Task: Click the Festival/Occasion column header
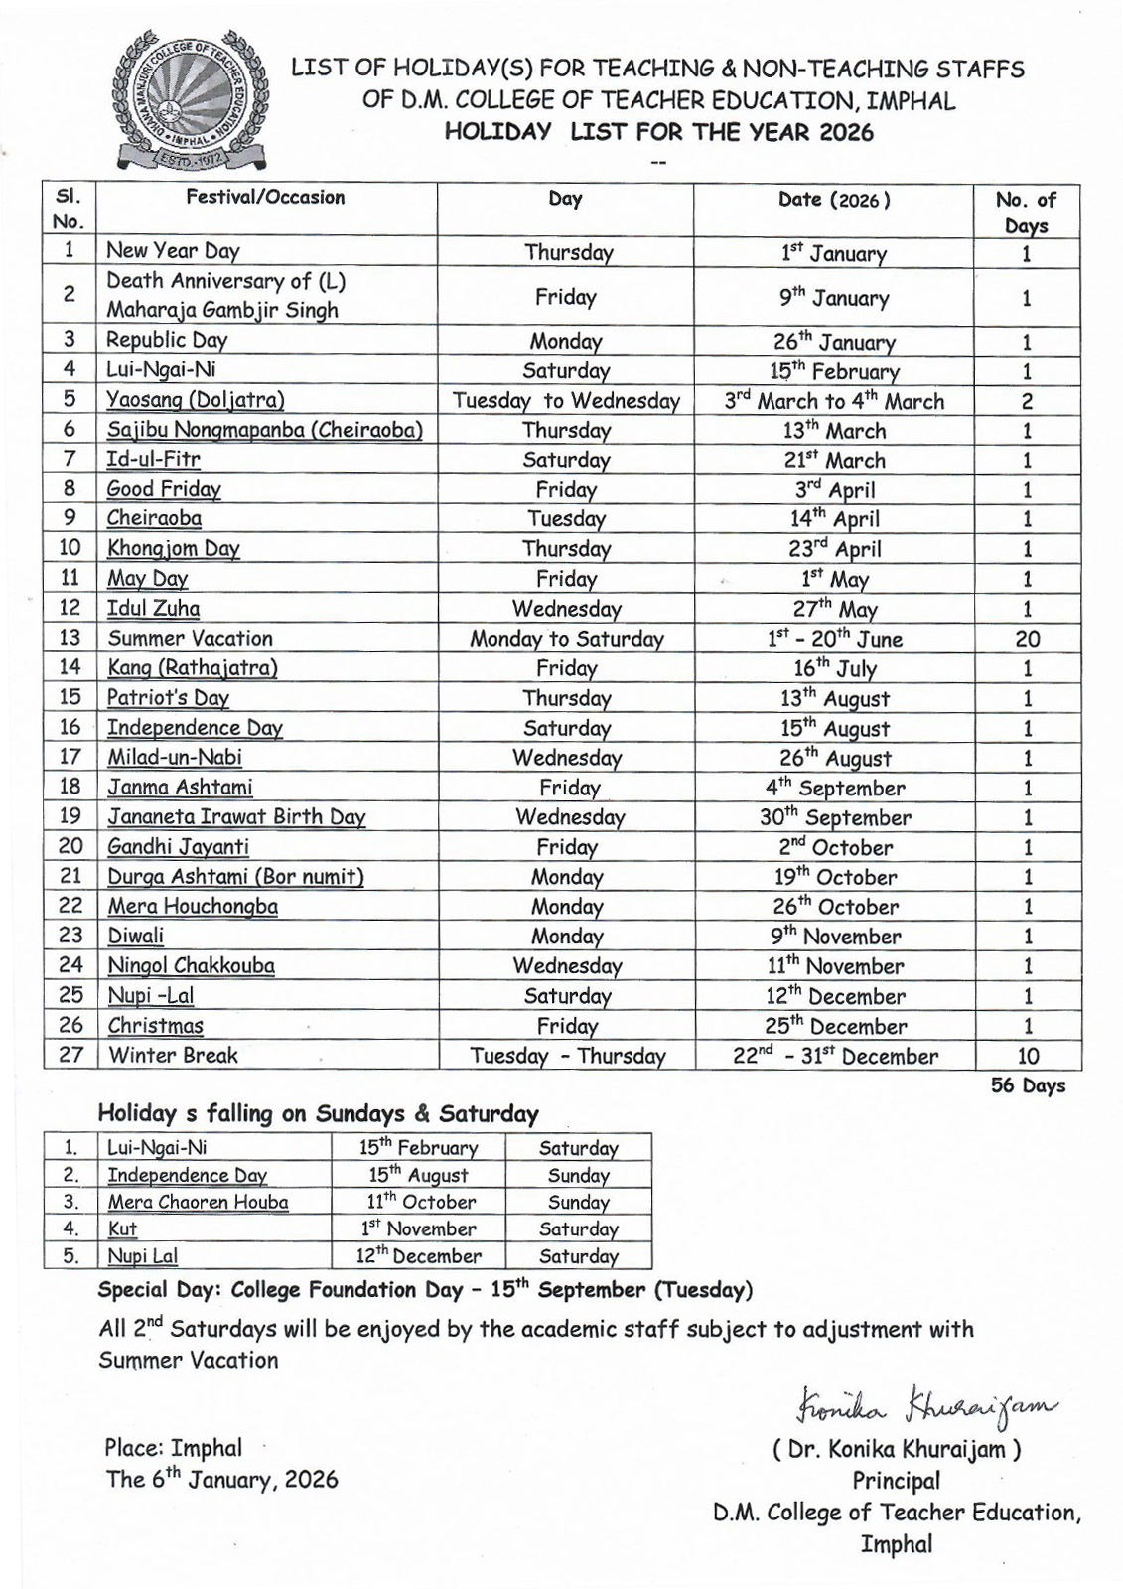coord(265,198)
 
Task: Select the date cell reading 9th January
coord(833,297)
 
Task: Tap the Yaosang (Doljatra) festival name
coord(196,400)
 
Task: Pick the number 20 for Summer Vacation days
coord(1027,639)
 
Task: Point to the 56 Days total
coord(1028,1085)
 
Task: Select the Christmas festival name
coord(156,1026)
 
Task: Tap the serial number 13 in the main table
coord(70,638)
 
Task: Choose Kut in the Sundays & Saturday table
coord(122,1228)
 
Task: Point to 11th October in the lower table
coord(417,1202)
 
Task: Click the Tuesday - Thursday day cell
coord(567,1056)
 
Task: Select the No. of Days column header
coord(1027,212)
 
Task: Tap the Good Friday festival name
coord(164,489)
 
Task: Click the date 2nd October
coord(835,847)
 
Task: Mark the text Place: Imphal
coord(173,1448)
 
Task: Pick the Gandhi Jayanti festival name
coord(178,847)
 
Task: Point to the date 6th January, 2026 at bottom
coord(221,1479)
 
